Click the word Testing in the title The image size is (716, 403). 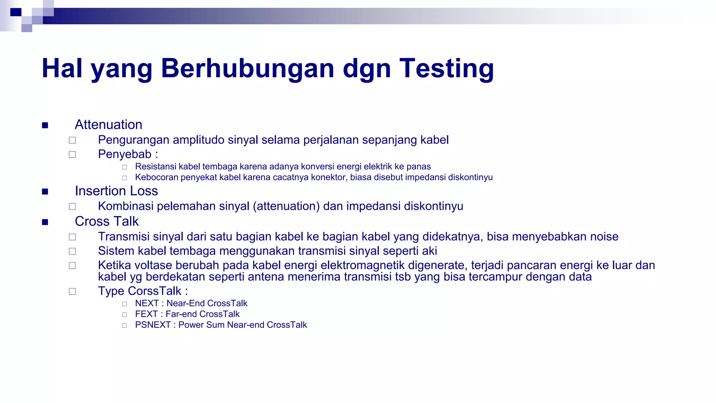[x=446, y=69]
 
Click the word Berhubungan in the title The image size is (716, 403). [x=248, y=69]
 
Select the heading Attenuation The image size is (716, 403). [x=108, y=125]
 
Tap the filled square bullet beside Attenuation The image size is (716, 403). [x=45, y=125]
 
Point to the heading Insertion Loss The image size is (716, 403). [x=116, y=191]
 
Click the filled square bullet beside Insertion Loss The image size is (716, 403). [x=45, y=191]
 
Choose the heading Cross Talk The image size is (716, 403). [x=107, y=221]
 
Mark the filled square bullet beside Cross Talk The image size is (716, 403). [x=45, y=222]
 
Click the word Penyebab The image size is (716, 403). [x=124, y=154]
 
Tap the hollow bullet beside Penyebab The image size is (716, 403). [x=72, y=155]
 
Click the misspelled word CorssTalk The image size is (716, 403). [x=155, y=291]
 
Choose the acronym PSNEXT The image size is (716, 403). [x=153, y=325]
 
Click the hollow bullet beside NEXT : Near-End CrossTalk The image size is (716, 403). [x=124, y=304]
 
